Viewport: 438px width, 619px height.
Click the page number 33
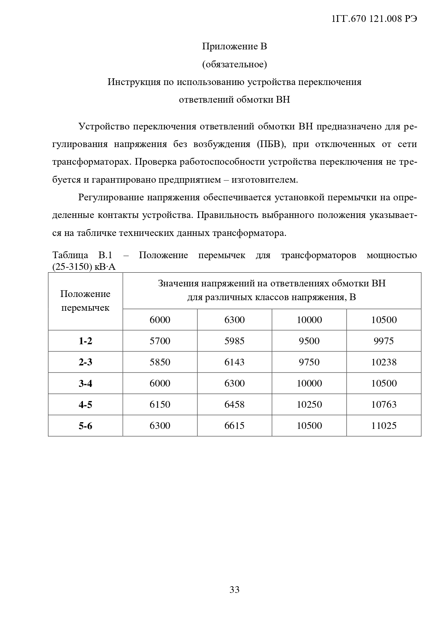click(234, 590)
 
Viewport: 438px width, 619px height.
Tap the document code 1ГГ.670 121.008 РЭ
click(374, 19)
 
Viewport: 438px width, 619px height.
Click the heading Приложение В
click(234, 46)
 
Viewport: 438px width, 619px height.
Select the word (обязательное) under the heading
click(234, 64)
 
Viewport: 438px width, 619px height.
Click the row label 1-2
click(85, 341)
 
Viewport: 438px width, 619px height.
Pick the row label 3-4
click(85, 383)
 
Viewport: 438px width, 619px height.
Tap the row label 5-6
click(85, 426)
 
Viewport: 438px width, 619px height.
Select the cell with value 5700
click(160, 341)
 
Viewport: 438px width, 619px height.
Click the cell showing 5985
click(234, 341)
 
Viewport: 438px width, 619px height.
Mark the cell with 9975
click(384, 341)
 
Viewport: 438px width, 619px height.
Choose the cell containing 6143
click(234, 362)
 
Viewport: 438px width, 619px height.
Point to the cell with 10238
click(384, 362)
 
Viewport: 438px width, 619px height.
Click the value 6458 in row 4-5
click(234, 405)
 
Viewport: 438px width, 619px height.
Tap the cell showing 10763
click(384, 405)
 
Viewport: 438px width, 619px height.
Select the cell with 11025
click(384, 426)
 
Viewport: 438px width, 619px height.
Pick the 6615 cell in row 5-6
click(234, 426)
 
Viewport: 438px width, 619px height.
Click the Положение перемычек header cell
click(85, 301)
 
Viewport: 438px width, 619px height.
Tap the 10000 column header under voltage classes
click(309, 320)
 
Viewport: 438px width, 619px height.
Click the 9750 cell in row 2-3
click(309, 362)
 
